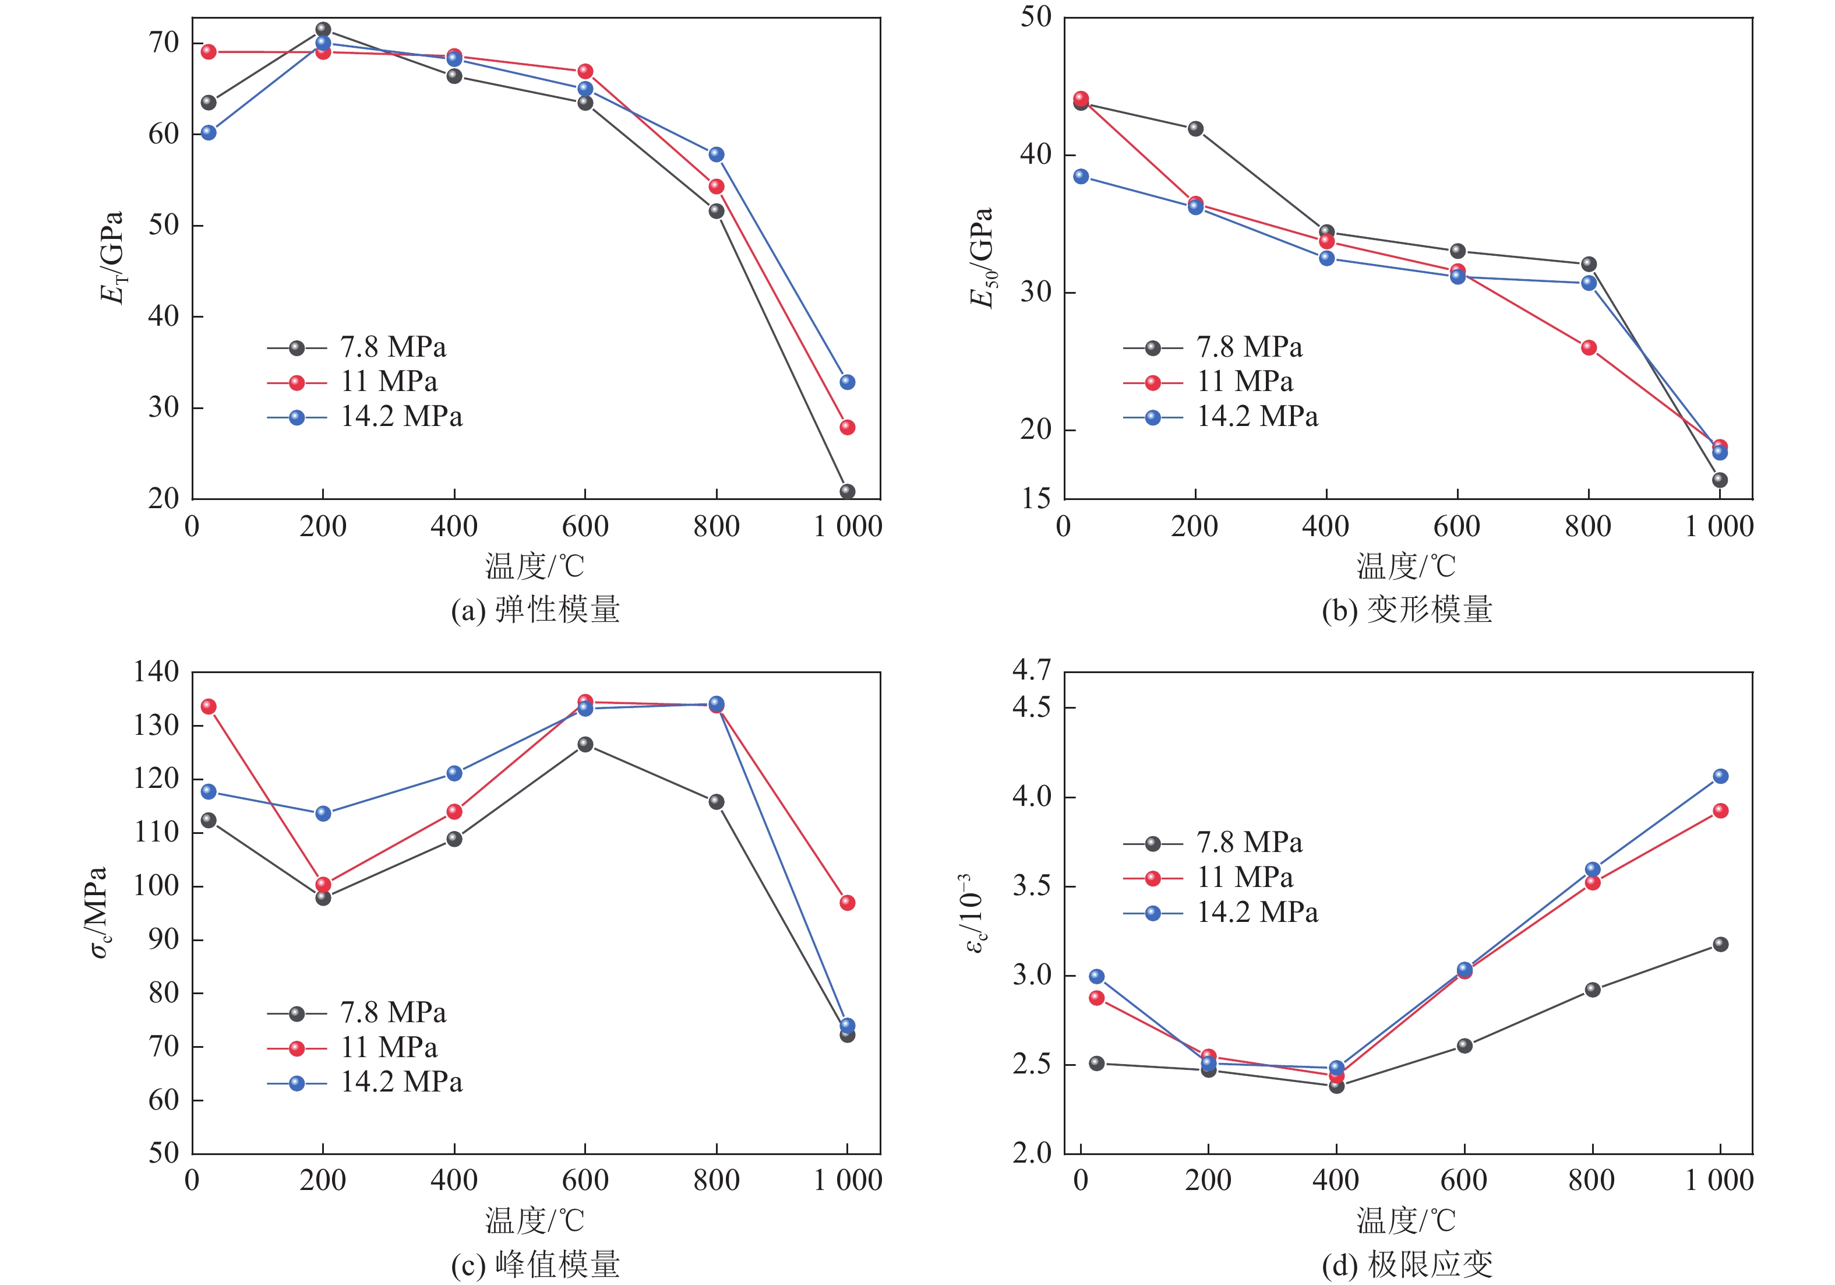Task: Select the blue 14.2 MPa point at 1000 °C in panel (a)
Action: click(x=847, y=382)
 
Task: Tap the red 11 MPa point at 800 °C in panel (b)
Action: click(x=1588, y=348)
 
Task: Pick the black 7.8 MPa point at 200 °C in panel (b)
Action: click(x=1195, y=129)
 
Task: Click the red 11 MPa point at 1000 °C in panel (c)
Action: click(x=847, y=903)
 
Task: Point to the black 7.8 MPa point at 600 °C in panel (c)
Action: click(x=585, y=744)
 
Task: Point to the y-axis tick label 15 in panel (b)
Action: click(x=1036, y=499)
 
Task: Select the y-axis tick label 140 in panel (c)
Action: click(x=157, y=672)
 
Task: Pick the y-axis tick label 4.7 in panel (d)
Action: click(x=1032, y=670)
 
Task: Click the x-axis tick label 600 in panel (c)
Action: click(x=585, y=1180)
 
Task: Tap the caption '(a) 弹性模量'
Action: click(x=535, y=610)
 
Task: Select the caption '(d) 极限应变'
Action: click(x=1407, y=1264)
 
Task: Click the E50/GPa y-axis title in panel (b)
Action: click(x=982, y=258)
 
